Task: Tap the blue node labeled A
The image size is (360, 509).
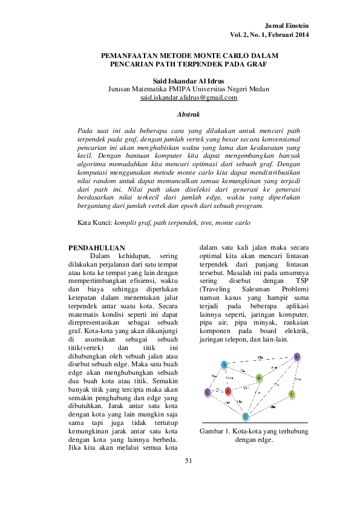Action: (224, 365)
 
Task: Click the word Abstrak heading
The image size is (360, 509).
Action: (188, 114)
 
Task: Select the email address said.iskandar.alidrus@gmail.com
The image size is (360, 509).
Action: (188, 97)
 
